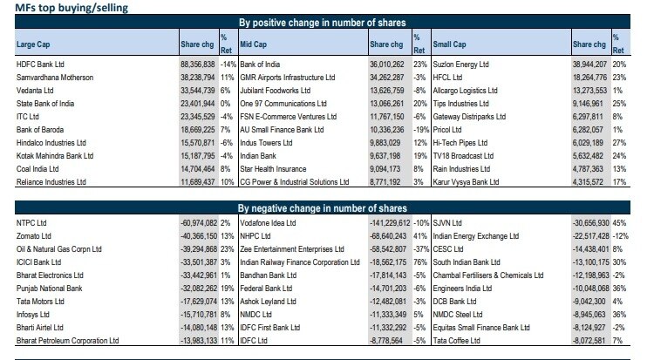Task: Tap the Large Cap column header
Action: (x=36, y=43)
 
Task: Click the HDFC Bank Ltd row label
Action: (x=43, y=64)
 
